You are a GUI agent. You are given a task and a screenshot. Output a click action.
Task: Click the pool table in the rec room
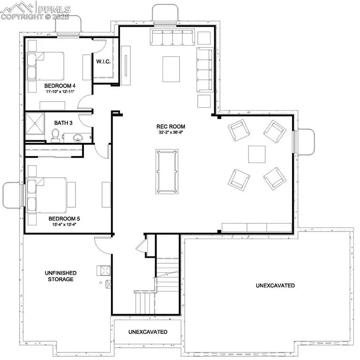coord(167,172)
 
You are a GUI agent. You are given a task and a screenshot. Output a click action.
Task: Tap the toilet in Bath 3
coord(55,135)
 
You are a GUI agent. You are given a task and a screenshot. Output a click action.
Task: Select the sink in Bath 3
coord(78,138)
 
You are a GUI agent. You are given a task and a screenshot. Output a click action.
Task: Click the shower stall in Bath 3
coord(35,123)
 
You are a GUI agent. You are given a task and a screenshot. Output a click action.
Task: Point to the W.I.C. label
coord(103,61)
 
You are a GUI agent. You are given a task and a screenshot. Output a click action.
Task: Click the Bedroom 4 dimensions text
coord(60,91)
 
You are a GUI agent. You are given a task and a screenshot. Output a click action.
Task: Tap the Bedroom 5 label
coord(64,218)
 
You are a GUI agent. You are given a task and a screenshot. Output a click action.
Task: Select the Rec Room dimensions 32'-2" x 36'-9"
coord(171,132)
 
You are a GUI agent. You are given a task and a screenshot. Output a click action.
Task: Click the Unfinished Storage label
coord(60,276)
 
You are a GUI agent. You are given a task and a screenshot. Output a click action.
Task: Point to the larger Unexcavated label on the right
coord(275,285)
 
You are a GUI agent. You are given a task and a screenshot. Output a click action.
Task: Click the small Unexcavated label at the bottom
coord(148,332)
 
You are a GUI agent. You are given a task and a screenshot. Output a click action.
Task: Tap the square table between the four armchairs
coord(257,154)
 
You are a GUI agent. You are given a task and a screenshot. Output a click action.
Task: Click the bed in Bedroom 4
coord(45,67)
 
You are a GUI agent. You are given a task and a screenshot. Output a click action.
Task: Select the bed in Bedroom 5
coord(47,195)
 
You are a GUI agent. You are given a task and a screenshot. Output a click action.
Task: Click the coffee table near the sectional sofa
coord(171,69)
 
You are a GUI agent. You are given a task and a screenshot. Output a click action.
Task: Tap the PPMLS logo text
coord(54,9)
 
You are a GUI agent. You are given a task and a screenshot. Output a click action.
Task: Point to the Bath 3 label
coord(63,123)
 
